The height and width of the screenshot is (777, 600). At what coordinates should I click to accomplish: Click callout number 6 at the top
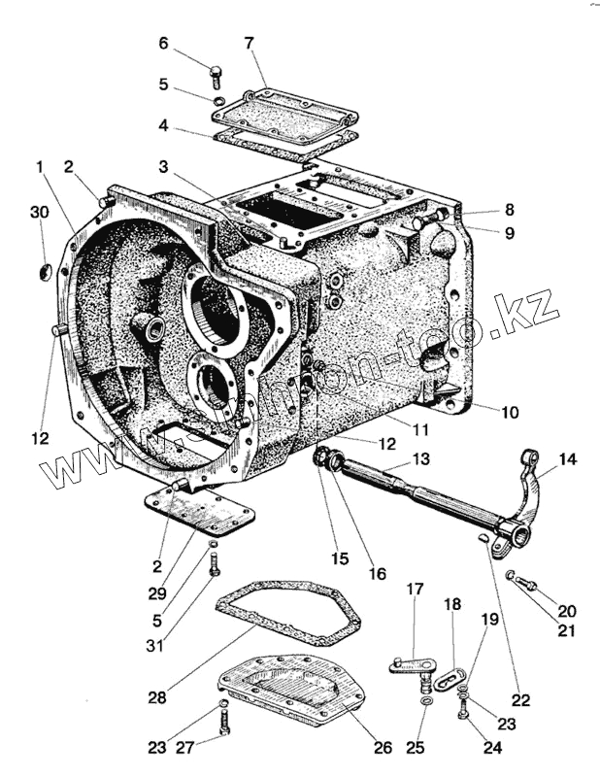(163, 44)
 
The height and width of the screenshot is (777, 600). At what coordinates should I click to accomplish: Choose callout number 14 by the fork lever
(566, 457)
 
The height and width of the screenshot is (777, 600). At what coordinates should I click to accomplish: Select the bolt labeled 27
(224, 722)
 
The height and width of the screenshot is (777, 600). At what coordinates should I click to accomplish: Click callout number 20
(566, 611)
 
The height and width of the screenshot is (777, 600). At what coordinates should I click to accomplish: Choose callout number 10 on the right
(510, 412)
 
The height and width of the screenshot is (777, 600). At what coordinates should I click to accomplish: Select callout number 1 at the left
(38, 167)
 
